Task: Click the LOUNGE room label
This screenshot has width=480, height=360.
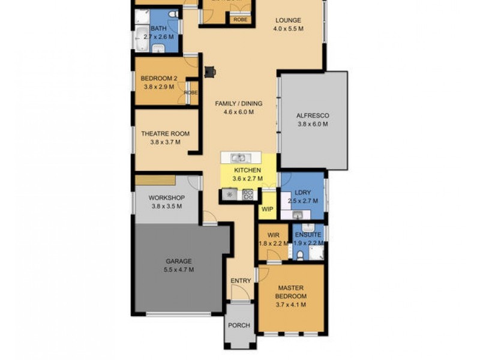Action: pyautogui.click(x=288, y=20)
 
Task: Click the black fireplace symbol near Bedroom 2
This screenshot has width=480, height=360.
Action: pyautogui.click(x=209, y=72)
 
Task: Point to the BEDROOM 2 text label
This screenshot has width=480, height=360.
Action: pyautogui.click(x=158, y=78)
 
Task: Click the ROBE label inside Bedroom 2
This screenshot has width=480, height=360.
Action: pyautogui.click(x=191, y=93)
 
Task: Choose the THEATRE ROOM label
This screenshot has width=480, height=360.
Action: pyautogui.click(x=165, y=134)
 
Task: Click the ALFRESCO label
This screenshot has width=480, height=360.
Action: pyautogui.click(x=313, y=116)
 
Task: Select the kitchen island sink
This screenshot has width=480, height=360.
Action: pyautogui.click(x=239, y=158)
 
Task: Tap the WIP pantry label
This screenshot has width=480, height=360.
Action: pyautogui.click(x=267, y=209)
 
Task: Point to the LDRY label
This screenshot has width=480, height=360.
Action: pyautogui.click(x=303, y=193)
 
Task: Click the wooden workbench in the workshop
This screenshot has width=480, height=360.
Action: pyautogui.click(x=154, y=180)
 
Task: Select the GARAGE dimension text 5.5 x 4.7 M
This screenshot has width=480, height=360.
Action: pyautogui.click(x=179, y=269)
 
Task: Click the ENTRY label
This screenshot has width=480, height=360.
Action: pyautogui.click(x=241, y=281)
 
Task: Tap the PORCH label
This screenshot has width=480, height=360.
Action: pyautogui.click(x=239, y=325)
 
